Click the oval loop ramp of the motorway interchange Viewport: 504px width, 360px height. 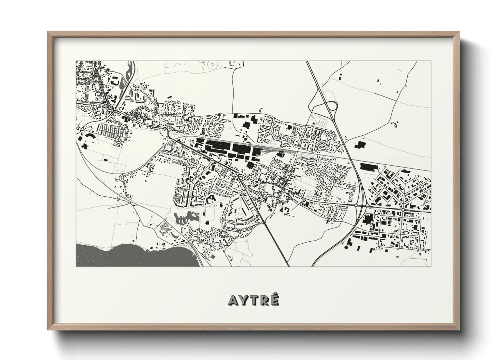330,106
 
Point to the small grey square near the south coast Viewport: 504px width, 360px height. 213,255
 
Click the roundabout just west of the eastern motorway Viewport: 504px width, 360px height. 356,206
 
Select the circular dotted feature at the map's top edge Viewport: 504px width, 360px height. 212,64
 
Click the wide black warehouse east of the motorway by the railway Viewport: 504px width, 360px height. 369,167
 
